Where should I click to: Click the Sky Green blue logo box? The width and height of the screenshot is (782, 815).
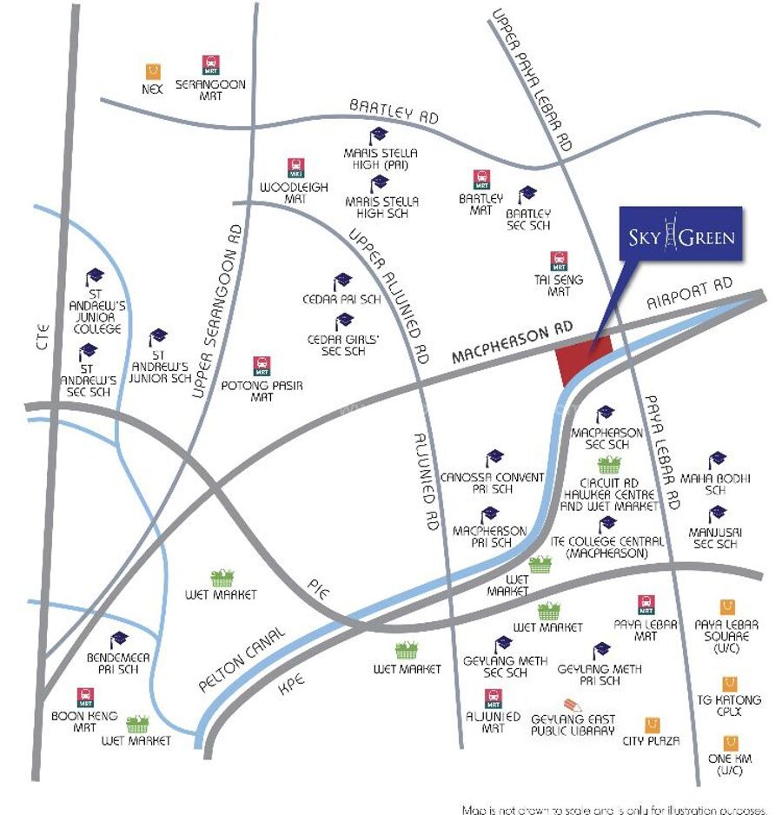coord(680,234)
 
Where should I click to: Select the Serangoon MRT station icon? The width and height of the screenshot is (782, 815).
coord(210,65)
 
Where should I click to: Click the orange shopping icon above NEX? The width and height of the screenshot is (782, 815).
coord(153,71)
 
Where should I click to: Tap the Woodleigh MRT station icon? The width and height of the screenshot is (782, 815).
coord(295,168)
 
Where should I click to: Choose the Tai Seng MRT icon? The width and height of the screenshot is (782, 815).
coord(559,261)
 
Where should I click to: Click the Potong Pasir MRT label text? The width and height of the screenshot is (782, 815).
coord(262,391)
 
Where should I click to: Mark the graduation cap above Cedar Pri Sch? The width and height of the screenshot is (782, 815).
coord(342,282)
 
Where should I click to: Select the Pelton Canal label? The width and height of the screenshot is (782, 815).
coord(242,659)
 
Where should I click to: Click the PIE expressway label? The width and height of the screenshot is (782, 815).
coord(318,589)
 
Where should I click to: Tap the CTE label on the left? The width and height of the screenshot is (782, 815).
coord(43,336)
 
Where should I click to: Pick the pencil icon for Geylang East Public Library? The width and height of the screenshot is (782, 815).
coord(573,705)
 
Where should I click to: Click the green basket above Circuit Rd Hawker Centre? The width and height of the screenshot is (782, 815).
coord(609,465)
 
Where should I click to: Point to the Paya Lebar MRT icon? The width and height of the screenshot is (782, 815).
coord(646,605)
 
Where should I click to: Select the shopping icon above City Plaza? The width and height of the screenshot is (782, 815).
coord(652,726)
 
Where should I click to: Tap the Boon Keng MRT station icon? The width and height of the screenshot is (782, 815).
coord(85,698)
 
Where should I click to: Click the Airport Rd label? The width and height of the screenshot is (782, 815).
coord(689,293)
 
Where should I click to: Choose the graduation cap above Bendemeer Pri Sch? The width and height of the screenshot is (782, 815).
coord(119,640)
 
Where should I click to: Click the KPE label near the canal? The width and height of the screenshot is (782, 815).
coord(291,685)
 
